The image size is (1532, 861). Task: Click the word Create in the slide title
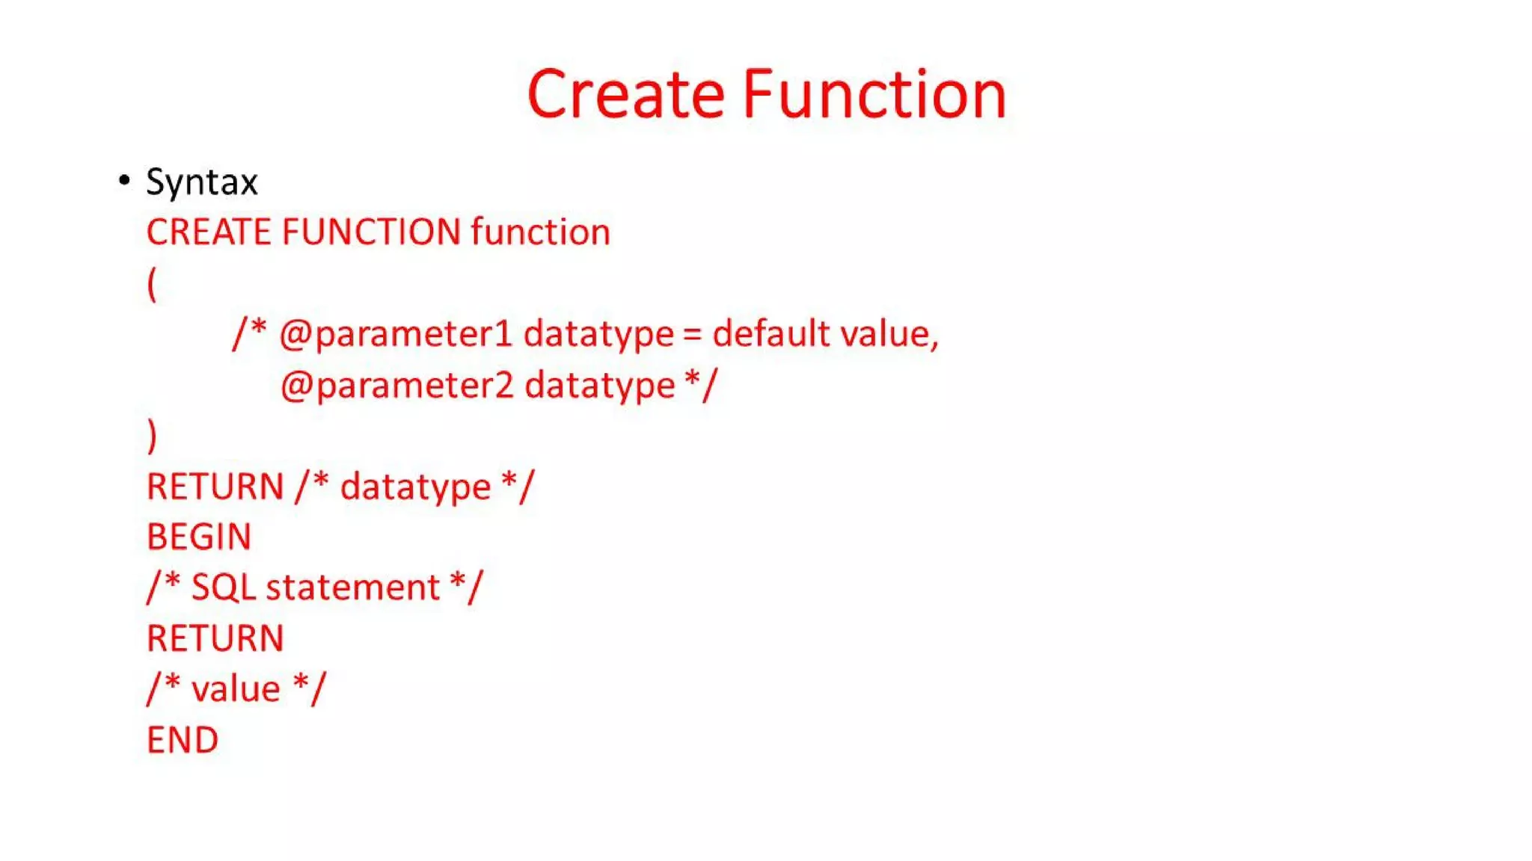(x=625, y=94)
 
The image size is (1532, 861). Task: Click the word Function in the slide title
(x=874, y=94)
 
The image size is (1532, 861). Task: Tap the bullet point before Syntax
(x=124, y=180)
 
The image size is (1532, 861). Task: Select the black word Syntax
(x=202, y=182)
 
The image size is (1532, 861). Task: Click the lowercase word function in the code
(x=540, y=232)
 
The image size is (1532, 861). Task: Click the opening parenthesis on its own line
(x=152, y=284)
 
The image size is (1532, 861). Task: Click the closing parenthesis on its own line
(x=152, y=436)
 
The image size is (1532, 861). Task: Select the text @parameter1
(x=396, y=334)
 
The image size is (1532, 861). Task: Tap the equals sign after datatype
(x=692, y=334)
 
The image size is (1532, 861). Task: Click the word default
(x=771, y=333)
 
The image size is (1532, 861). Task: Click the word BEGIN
(x=199, y=537)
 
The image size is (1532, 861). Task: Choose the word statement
(x=353, y=587)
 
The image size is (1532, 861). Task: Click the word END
(x=183, y=740)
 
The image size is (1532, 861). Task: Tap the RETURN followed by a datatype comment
(x=215, y=487)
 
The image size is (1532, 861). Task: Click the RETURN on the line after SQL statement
(x=215, y=638)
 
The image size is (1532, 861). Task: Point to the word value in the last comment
(x=236, y=689)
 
